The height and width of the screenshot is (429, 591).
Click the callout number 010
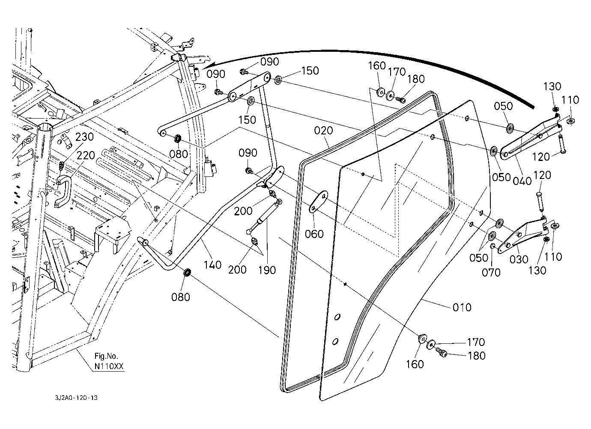462,307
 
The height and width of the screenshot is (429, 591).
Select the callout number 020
323,131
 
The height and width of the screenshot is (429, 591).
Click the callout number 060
314,234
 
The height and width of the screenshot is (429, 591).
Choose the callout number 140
213,265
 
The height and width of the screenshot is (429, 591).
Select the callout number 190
267,270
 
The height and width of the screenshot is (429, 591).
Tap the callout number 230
84,137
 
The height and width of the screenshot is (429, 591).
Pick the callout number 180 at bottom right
477,355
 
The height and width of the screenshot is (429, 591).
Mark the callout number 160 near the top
377,66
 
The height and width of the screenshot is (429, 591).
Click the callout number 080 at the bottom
181,296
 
